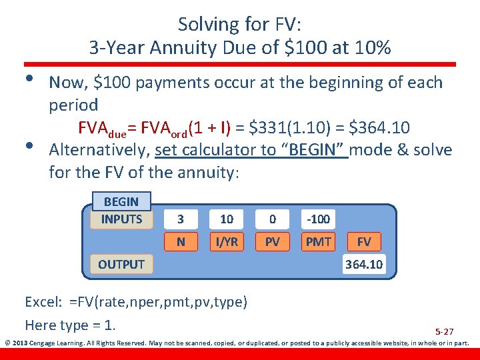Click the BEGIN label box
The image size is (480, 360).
click(x=121, y=201)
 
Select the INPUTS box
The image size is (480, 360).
click(x=121, y=219)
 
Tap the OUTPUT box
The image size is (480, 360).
click(x=121, y=264)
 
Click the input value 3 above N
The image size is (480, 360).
click(x=181, y=219)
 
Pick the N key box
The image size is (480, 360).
click(x=181, y=241)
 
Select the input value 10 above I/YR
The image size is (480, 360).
click(x=227, y=219)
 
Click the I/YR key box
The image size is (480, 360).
click(x=227, y=241)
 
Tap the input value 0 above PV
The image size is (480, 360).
click(x=273, y=219)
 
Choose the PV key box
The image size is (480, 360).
click(x=273, y=241)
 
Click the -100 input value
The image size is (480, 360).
click(x=318, y=219)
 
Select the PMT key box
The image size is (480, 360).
click(x=318, y=241)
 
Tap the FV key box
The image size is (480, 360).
click(x=364, y=241)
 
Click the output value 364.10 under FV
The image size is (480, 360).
click(x=364, y=264)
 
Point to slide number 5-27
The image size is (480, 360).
click(x=444, y=331)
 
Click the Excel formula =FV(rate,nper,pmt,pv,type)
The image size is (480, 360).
click(x=159, y=302)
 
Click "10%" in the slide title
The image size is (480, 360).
click(x=373, y=48)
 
